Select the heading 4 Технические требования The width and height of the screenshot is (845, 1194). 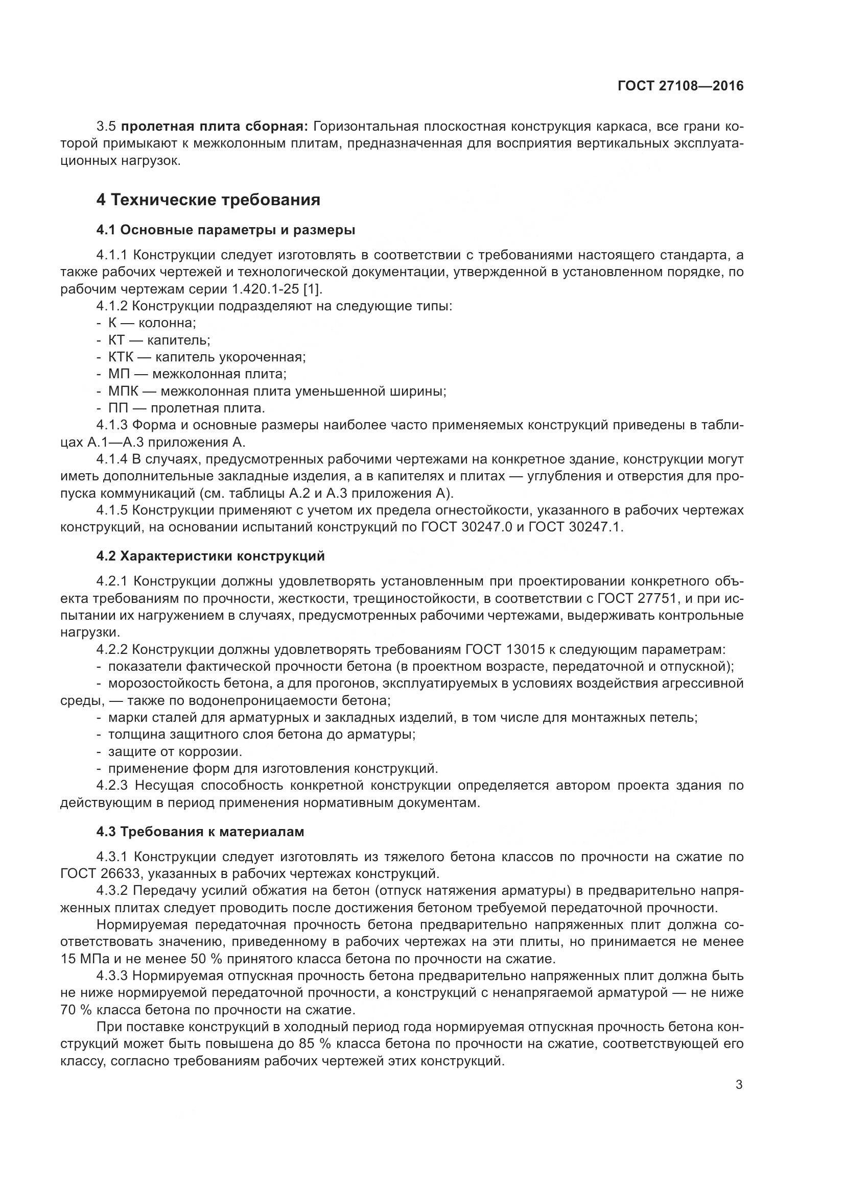point(208,200)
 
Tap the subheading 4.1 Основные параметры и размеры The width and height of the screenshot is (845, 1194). point(226,230)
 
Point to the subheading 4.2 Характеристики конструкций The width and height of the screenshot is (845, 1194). point(210,556)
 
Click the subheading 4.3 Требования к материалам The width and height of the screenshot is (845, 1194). point(200,832)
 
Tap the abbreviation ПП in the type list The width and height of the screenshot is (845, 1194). point(118,408)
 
